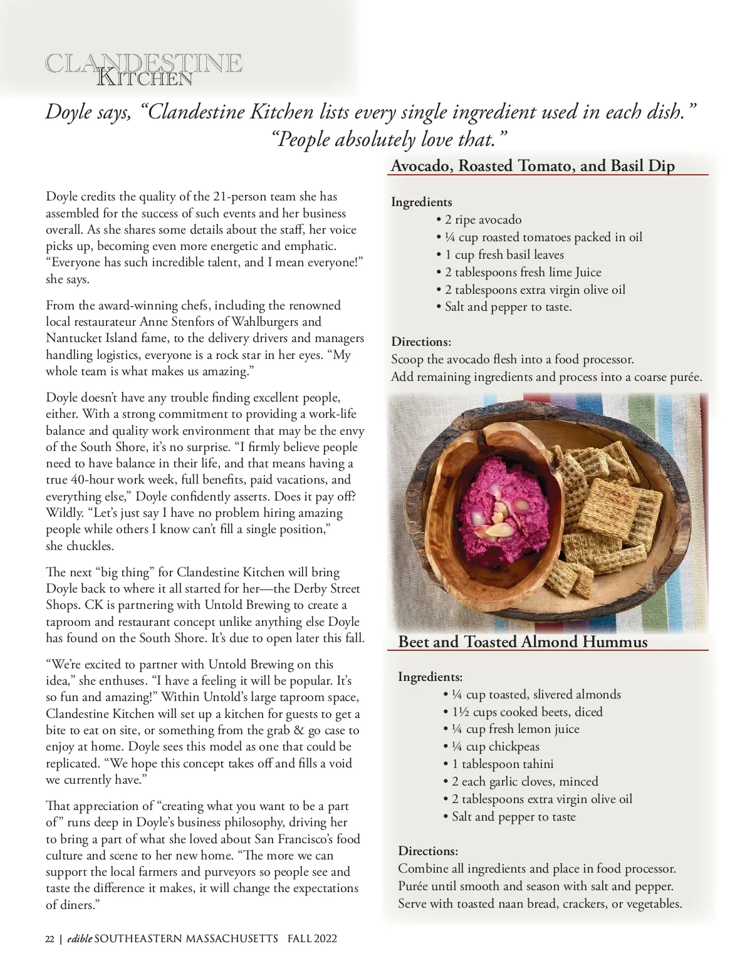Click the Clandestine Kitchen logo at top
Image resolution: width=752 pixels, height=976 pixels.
point(144,70)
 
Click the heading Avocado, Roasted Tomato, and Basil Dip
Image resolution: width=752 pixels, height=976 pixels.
point(533,166)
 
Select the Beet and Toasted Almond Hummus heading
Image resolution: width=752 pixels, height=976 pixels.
point(523,642)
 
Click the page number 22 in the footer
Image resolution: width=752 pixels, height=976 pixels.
point(50,938)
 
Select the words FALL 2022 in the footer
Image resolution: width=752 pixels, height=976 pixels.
point(312,938)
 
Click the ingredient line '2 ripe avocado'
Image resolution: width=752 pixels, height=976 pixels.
point(483,220)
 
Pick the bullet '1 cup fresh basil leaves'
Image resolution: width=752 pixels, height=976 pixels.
point(504,255)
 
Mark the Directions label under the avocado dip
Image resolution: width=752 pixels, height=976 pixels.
point(421,342)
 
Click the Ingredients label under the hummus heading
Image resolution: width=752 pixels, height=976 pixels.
point(430,677)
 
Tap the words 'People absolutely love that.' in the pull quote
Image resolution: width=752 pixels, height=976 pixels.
point(390,139)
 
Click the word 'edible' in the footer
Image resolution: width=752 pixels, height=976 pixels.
point(80,938)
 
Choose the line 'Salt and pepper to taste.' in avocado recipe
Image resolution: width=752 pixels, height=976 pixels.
point(508,307)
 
